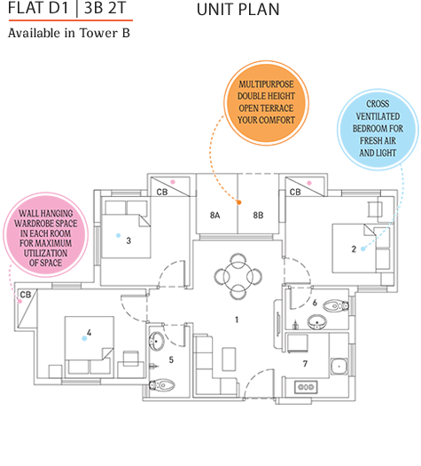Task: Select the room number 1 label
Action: tap(237, 318)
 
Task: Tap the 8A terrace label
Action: tap(216, 215)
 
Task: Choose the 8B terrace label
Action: tap(258, 215)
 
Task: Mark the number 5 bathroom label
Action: tap(170, 360)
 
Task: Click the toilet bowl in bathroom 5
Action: tap(163, 385)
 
